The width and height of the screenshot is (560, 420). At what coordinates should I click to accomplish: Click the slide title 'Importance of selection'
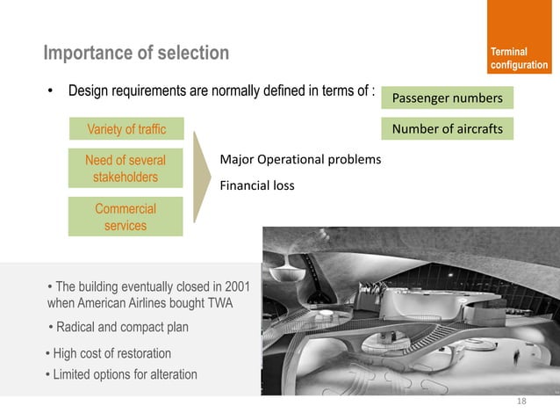[x=136, y=54]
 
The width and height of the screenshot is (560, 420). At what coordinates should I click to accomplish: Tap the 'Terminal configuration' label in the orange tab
[x=519, y=59]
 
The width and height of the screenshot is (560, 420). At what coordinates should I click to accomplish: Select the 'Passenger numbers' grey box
[x=447, y=98]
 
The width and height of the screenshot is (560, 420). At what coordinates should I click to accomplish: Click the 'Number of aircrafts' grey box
[x=447, y=129]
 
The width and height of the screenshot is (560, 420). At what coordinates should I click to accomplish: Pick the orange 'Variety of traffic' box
[x=126, y=130]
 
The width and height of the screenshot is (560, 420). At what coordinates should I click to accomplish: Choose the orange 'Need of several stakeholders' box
[x=126, y=169]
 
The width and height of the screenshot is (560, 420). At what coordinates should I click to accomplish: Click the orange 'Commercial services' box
[x=126, y=217]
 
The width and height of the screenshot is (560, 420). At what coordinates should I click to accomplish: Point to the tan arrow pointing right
[x=203, y=177]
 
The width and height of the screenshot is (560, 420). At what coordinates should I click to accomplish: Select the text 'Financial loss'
[x=256, y=185]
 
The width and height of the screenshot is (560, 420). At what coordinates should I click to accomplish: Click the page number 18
[x=521, y=402]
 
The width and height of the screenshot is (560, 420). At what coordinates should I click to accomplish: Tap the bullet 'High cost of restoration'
[x=109, y=353]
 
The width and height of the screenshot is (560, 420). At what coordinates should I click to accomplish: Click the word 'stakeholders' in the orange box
[x=126, y=177]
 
